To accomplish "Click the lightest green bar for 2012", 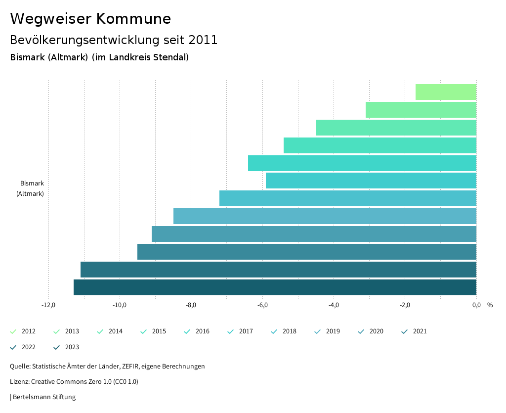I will pos(446,92).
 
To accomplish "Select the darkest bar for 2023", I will pos(275,287).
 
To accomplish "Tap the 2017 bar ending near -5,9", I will pos(371,181).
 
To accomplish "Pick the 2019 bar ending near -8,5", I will pos(325,216).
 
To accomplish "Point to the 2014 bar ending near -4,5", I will pos(396,128).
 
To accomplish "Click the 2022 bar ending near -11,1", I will pos(278,270).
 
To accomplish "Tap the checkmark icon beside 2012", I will pos(13,331).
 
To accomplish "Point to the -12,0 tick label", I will pos(48,305).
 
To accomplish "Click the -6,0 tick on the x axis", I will pos(262,305).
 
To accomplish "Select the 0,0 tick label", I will pos(476,305).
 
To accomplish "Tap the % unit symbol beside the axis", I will pos(490,305).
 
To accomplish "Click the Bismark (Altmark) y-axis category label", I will pos(31,188).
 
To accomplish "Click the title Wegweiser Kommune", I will pos(90,19).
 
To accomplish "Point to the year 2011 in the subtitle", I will pos(203,40).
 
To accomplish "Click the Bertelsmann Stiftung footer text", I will pos(44,397).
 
